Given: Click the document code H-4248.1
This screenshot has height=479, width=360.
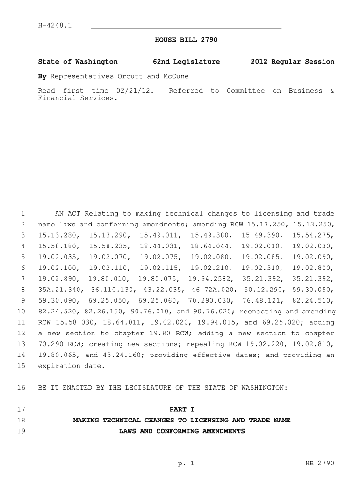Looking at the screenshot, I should pyautogui.click(x=55, y=25).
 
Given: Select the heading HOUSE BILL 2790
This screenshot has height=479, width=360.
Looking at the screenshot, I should pyautogui.click(x=186, y=40).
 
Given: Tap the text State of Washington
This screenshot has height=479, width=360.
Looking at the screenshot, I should pyautogui.click(x=78, y=62).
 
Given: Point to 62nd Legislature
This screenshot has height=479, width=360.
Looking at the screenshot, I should pyautogui.click(x=186, y=62).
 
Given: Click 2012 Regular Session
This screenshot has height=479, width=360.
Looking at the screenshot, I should pyautogui.click(x=292, y=62).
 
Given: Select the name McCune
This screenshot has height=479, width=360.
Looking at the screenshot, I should pyautogui.click(x=176, y=76).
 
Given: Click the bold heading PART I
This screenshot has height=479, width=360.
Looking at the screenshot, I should pyautogui.click(x=181, y=409).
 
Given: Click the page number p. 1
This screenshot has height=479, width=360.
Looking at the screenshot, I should pyautogui.click(x=186, y=464).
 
